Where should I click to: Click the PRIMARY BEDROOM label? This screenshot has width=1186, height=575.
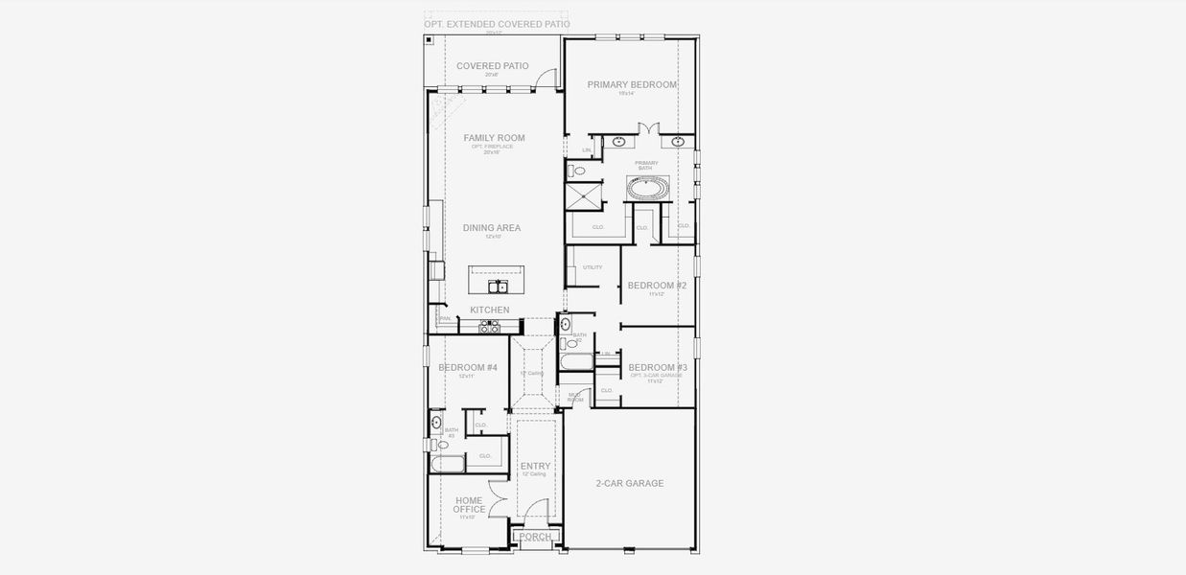point(632,84)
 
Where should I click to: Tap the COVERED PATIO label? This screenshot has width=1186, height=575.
point(492,66)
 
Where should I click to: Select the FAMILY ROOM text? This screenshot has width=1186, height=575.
point(494,138)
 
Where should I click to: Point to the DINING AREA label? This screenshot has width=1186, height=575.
point(491,228)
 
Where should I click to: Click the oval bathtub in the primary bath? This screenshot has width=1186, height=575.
point(648,188)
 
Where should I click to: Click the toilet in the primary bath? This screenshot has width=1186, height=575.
point(576,172)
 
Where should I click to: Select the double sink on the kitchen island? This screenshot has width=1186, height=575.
point(498,287)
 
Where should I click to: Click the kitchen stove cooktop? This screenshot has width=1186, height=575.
point(489,327)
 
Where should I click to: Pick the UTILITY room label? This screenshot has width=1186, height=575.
point(593,267)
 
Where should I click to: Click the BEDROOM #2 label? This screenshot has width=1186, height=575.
point(657,286)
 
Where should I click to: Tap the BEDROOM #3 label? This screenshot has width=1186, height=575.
point(657,368)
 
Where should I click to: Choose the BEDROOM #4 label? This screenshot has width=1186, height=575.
point(467,368)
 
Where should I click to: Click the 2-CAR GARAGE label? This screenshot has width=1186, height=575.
point(630,484)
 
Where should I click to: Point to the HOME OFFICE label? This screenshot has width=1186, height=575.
point(469,504)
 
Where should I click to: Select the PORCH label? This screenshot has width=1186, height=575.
point(535,537)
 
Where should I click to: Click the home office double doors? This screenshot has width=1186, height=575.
point(497,502)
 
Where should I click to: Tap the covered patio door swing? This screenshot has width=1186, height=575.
point(546,79)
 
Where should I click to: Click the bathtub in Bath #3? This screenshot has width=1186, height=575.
point(447,465)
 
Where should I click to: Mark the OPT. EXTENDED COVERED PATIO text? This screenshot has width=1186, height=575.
point(497,24)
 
